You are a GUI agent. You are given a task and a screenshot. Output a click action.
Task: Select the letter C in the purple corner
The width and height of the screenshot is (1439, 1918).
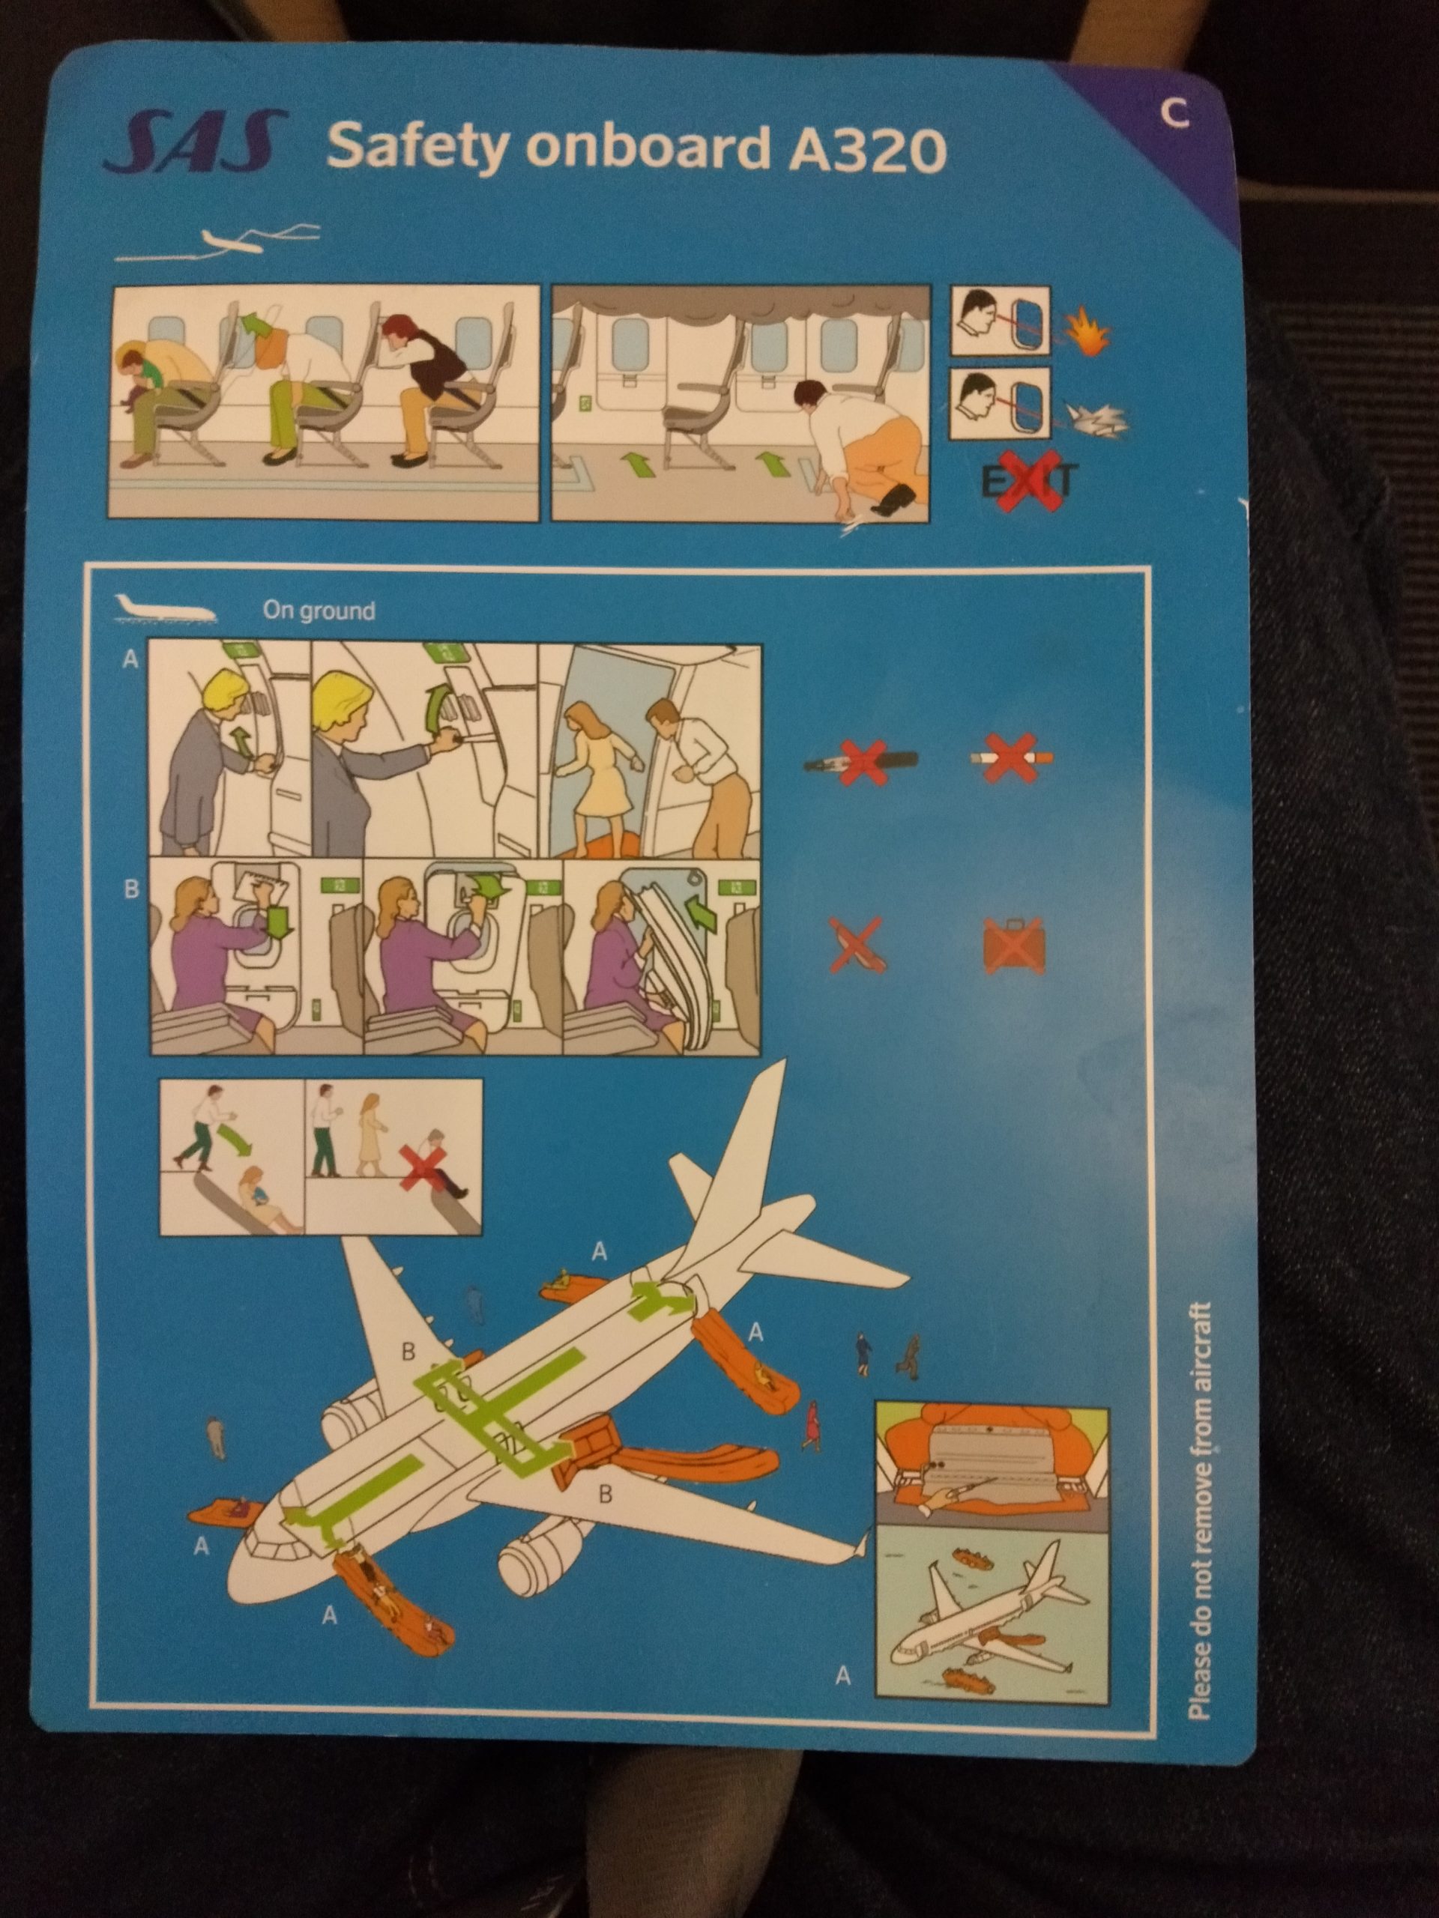pos(1174,115)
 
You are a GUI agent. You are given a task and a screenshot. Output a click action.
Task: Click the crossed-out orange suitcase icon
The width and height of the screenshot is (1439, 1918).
pos(1013,943)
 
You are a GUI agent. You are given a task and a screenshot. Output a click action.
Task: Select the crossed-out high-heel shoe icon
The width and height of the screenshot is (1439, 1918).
pos(856,942)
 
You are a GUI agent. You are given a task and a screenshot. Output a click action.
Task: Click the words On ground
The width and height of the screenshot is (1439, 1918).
pos(319,611)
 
